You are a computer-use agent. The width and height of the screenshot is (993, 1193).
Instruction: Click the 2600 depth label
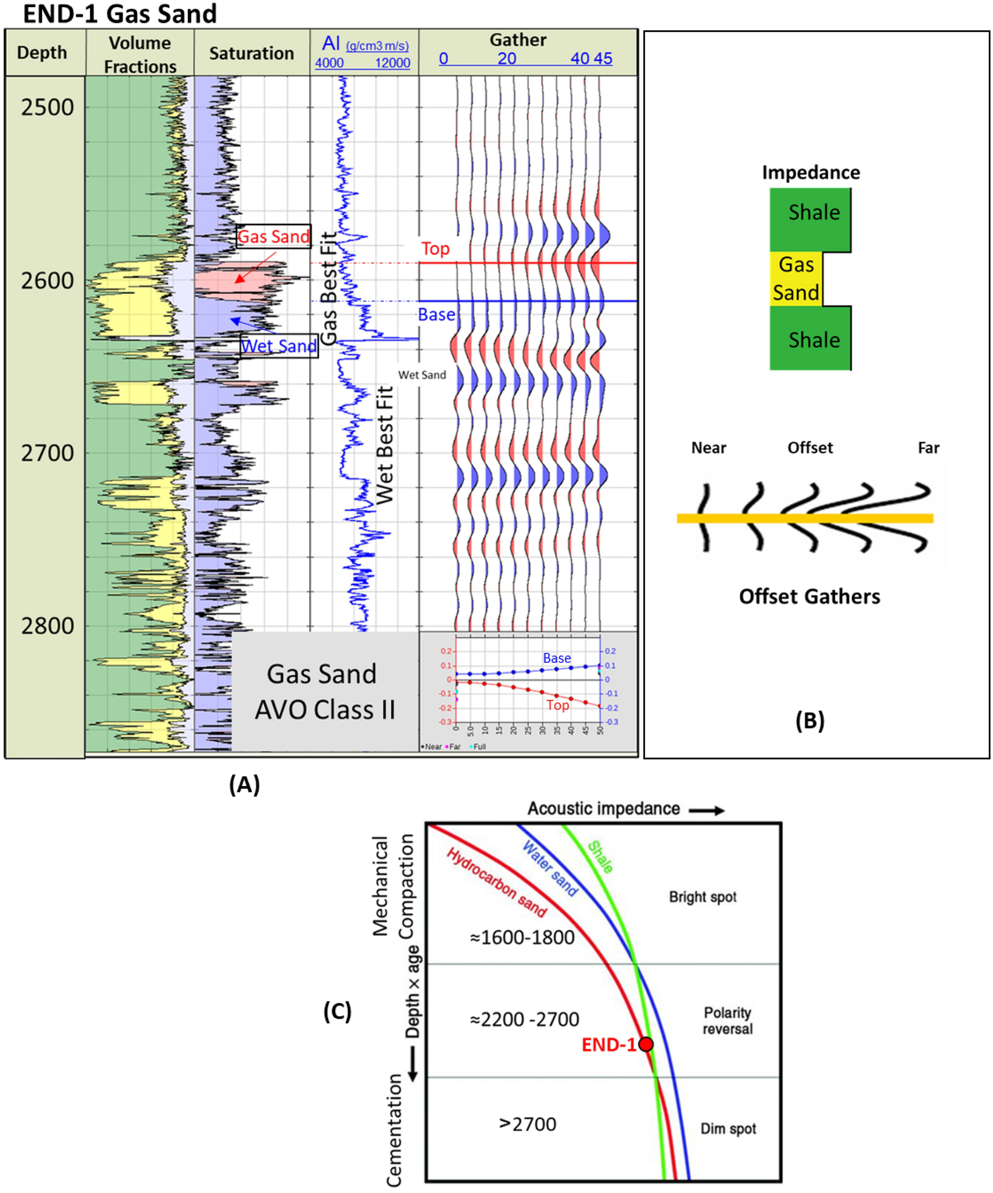coord(47,281)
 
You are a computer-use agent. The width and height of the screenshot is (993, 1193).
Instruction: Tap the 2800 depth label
coord(47,626)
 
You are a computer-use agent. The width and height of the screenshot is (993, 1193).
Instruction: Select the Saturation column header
coord(251,53)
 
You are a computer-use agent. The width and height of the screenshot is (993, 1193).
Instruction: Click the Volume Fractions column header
coord(140,55)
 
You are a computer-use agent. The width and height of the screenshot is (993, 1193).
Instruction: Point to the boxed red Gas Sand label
coord(273,237)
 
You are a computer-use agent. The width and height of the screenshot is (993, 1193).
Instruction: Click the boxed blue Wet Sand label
coord(279,345)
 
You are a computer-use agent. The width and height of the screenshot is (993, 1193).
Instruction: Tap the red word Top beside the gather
coord(435,249)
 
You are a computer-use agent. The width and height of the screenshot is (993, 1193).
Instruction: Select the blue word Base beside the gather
coord(436,314)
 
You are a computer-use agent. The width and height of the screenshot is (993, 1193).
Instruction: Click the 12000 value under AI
coord(393,63)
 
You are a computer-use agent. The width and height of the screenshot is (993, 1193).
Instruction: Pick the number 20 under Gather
coord(507,59)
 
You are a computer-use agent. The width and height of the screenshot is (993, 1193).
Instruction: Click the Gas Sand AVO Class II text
coord(324,691)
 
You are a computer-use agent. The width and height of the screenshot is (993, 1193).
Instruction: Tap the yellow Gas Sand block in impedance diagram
coord(796,279)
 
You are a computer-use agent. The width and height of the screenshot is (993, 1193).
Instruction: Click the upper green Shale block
coord(810,219)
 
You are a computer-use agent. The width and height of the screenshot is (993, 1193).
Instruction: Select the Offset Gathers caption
coord(809,597)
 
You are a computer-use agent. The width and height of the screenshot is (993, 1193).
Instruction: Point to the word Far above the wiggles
coord(928,448)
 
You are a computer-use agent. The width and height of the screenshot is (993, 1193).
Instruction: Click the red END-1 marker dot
coord(645,1044)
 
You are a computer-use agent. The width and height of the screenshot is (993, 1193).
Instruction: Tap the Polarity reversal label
coord(727,1020)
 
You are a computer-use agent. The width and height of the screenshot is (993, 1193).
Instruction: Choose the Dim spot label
coord(728,1128)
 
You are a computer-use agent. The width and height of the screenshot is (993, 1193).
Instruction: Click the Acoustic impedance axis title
coord(603,809)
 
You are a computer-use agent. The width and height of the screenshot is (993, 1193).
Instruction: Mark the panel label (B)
coord(809,720)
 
